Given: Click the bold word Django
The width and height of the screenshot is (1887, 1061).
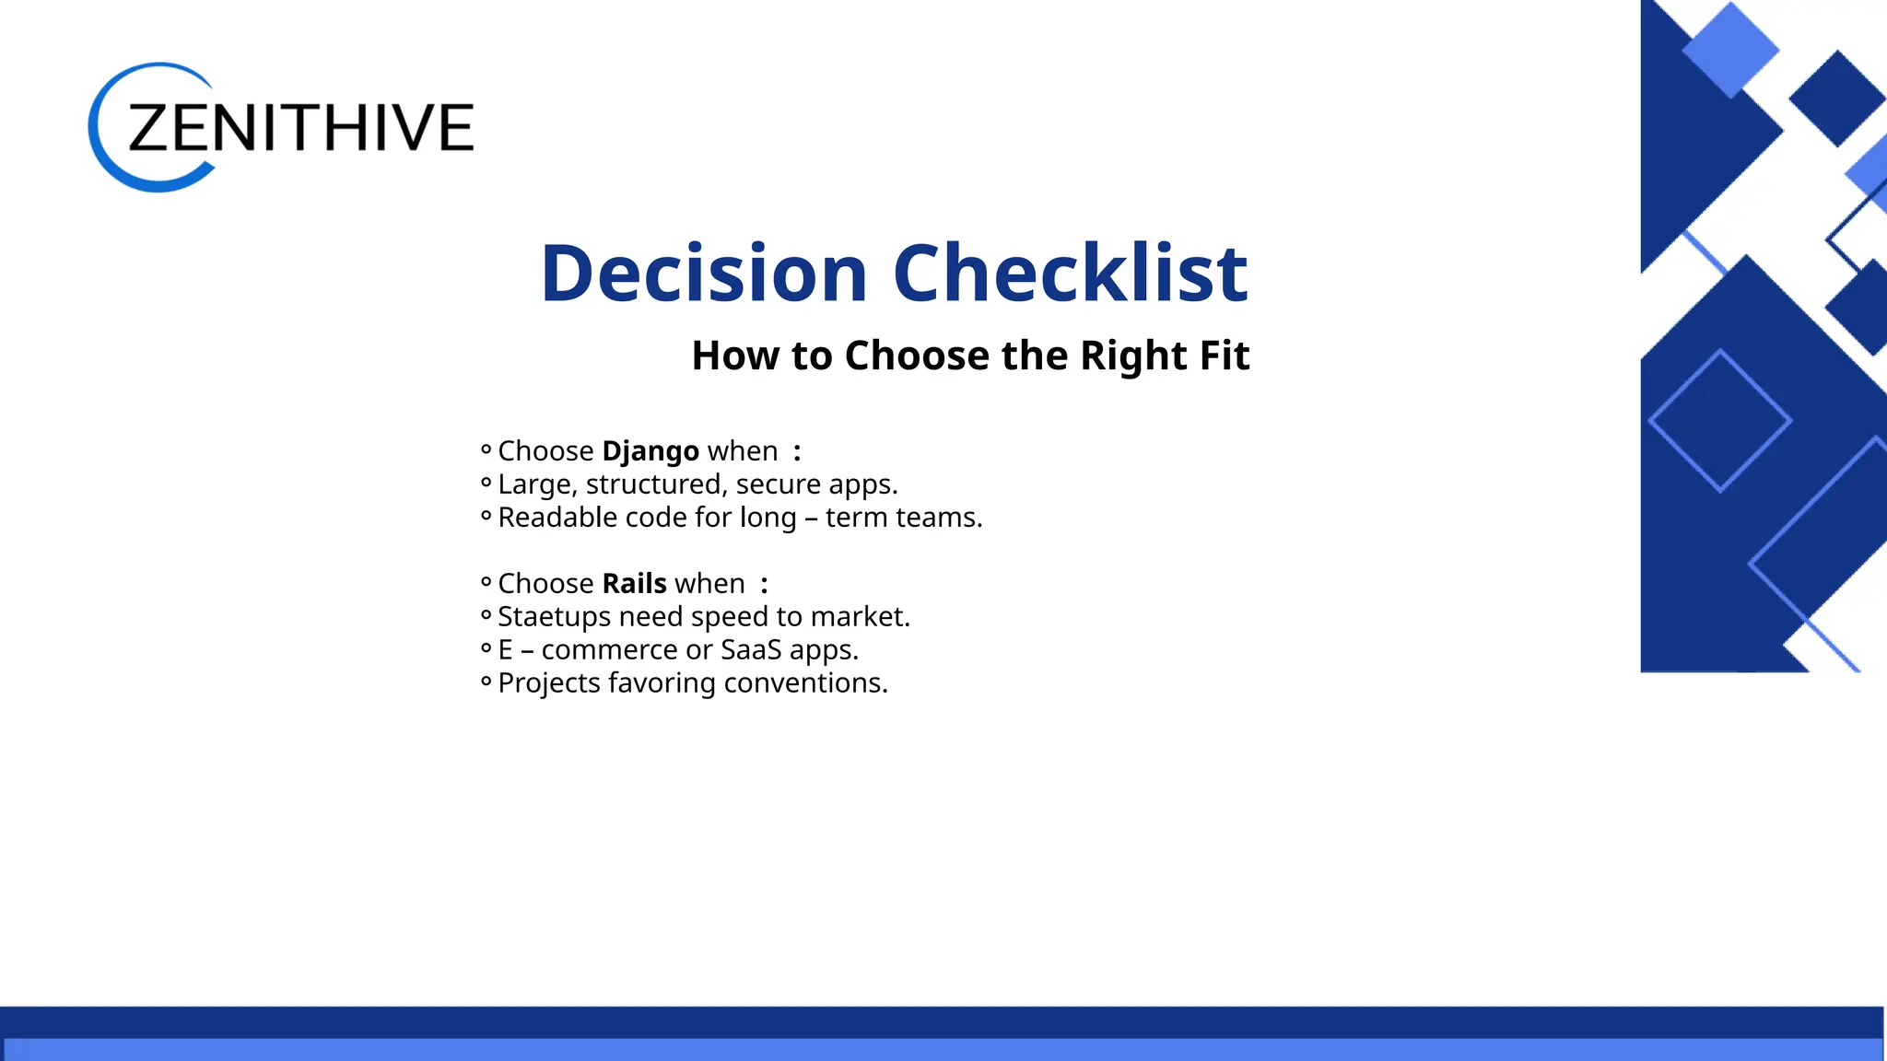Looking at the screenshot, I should (650, 451).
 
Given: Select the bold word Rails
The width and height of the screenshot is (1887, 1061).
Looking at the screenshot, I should (634, 584).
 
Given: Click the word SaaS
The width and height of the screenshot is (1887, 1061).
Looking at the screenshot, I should (751, 650).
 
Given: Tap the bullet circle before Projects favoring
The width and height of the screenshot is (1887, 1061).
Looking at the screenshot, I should (486, 682).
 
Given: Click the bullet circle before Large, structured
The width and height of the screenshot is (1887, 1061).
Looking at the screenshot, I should (486, 483).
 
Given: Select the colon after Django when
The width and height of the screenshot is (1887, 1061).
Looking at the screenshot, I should (797, 452).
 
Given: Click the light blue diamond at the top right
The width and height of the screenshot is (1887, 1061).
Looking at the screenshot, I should (1729, 48).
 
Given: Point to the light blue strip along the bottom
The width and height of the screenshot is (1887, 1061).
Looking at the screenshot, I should (943, 1050).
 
